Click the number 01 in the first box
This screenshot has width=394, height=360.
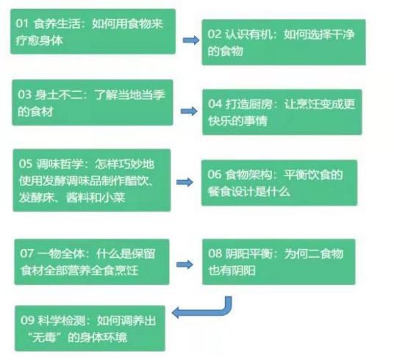click(x=22, y=24)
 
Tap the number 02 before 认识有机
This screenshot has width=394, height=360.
click(x=214, y=34)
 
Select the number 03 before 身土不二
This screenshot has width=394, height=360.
click(x=24, y=95)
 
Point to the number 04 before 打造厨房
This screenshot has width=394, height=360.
click(x=215, y=104)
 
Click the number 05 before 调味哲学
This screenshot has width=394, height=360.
click(x=26, y=164)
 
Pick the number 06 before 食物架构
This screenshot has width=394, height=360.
click(x=215, y=174)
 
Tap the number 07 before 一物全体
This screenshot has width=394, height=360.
click(x=27, y=253)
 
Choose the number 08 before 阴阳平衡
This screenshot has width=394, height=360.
click(x=215, y=253)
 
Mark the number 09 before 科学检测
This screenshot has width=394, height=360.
click(x=27, y=320)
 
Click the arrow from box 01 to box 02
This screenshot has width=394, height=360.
click(x=191, y=40)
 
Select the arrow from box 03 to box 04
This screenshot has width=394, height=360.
click(x=189, y=111)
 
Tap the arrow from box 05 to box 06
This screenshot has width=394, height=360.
click(x=185, y=182)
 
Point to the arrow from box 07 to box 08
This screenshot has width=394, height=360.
click(x=185, y=264)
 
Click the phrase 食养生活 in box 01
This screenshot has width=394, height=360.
click(x=57, y=24)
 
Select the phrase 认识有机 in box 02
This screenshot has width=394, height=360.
click(x=248, y=35)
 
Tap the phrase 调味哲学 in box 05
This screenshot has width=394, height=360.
click(x=60, y=164)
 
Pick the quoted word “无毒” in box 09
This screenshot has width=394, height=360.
click(x=46, y=337)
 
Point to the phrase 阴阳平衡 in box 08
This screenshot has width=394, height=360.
click(x=248, y=253)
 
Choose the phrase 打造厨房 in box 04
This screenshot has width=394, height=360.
click(x=248, y=104)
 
